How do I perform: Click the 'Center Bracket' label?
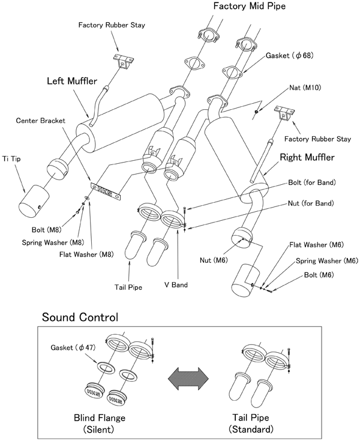coord(41,121)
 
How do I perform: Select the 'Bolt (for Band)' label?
coord(312,182)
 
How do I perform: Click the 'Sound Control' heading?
coord(79,316)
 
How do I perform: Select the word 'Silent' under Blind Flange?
coord(98,430)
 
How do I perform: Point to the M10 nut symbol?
coord(256,112)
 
